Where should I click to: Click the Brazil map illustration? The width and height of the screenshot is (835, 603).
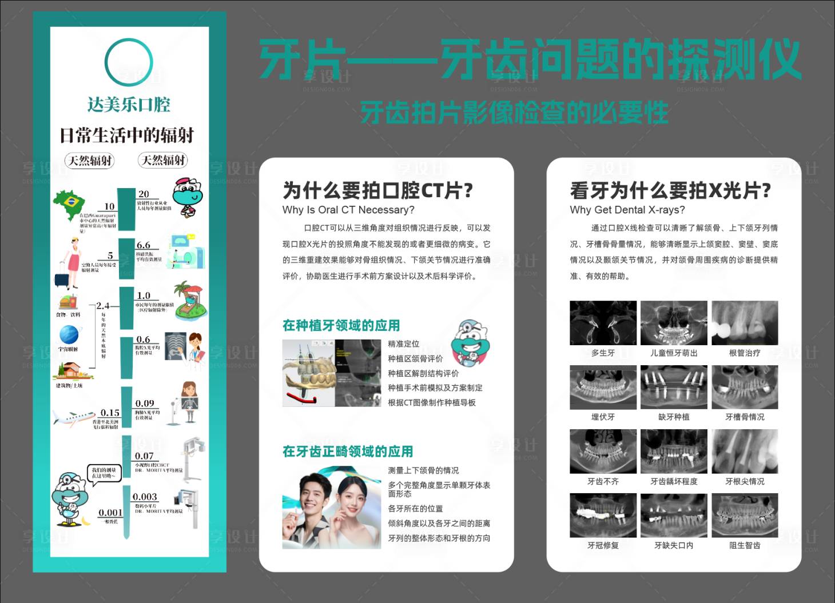click(70, 204)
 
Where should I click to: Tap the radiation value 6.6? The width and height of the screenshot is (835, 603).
click(143, 245)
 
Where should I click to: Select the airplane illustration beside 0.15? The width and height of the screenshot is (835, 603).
click(73, 418)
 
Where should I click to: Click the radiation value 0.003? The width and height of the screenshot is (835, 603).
click(145, 497)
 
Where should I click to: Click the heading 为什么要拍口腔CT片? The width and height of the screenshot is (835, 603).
click(377, 190)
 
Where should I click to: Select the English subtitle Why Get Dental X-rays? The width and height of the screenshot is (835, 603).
click(627, 210)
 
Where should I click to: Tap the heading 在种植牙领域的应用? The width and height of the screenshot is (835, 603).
click(341, 325)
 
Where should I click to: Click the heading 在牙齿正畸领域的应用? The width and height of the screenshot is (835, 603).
click(347, 452)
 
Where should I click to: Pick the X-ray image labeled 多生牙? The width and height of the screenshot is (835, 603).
click(603, 323)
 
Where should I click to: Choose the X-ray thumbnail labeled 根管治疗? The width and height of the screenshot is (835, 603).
click(745, 323)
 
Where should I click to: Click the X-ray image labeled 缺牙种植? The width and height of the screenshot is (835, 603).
click(674, 387)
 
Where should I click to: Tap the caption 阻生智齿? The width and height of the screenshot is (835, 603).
click(745, 545)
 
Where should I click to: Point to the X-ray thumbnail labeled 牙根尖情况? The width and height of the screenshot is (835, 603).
click(745, 451)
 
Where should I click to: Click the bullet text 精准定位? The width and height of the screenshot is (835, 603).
click(403, 344)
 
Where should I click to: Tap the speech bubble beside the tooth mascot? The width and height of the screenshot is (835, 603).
click(105, 473)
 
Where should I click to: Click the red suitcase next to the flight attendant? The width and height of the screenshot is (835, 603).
click(62, 279)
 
